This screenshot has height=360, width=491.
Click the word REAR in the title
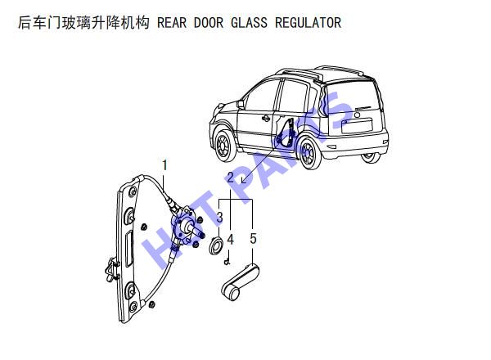pos(172,23)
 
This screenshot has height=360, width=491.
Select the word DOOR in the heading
pos(209,23)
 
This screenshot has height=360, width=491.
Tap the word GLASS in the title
pos(250,23)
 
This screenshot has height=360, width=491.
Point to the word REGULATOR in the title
pos(309,23)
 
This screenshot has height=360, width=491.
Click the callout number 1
pos(164,165)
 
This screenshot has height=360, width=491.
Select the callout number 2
pos(231,178)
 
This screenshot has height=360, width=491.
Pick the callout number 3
pos(220,217)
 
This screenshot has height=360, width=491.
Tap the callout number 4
pos(231,240)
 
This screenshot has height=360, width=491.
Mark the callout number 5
pos(253,239)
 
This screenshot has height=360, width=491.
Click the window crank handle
pos(240,282)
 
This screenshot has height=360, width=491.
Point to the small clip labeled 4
pos(227,261)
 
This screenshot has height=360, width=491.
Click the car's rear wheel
pos(309,153)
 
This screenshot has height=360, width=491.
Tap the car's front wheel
pos(224,145)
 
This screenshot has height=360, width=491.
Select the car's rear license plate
pos(357,125)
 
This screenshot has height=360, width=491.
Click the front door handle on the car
pos(266,118)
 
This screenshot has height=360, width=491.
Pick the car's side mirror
pos(241,104)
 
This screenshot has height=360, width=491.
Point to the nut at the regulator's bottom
pos(152,304)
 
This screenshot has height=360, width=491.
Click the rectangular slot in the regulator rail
pos(129,250)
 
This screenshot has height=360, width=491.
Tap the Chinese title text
pos(83,23)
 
